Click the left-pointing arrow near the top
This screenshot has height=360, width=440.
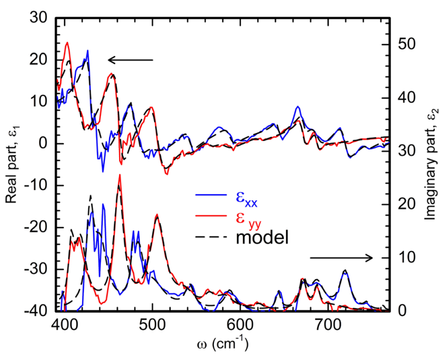pyautogui.click(x=131, y=60)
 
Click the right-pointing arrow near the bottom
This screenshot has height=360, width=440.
pyautogui.click(x=341, y=258)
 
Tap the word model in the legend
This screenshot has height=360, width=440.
pyautogui.click(x=263, y=237)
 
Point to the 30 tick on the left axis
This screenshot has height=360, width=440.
pyautogui.click(x=39, y=18)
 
